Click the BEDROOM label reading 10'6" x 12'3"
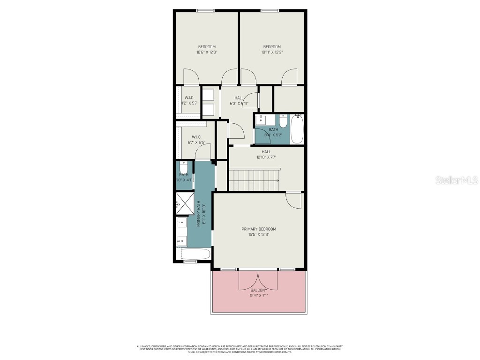coord(207,49)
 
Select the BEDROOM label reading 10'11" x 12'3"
coord(272,49)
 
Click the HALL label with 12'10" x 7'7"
coord(266,154)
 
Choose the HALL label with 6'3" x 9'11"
coord(239,101)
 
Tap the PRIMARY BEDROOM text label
coord(258,232)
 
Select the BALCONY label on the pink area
coord(259,293)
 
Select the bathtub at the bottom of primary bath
coord(194,255)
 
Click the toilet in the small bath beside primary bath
coord(184,167)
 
